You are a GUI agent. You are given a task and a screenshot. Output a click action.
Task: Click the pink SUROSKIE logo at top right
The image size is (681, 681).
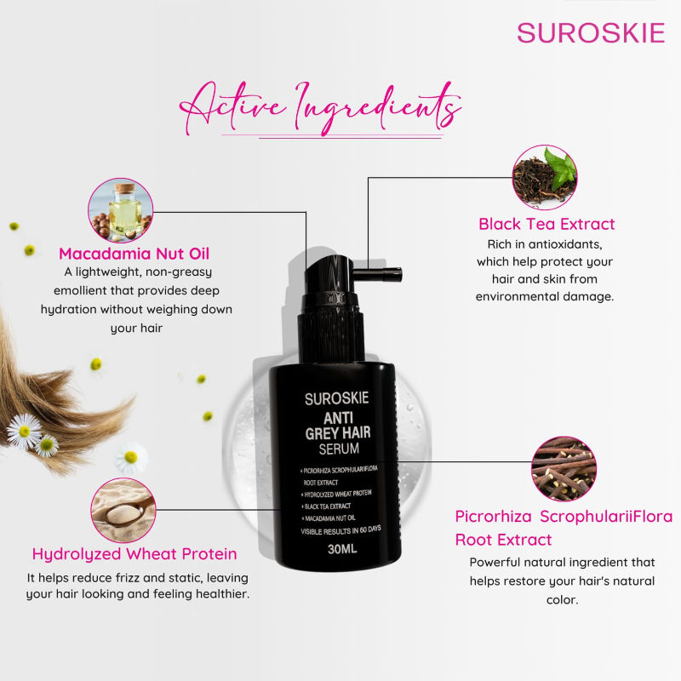(590, 32)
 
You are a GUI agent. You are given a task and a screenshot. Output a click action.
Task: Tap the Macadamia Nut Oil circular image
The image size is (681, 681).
(121, 209)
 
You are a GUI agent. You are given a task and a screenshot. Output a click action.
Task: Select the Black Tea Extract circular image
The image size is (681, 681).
(544, 177)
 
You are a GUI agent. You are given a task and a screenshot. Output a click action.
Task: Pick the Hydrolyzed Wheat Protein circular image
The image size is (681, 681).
(123, 510)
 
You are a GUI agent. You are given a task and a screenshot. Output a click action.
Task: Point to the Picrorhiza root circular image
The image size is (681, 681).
(564, 468)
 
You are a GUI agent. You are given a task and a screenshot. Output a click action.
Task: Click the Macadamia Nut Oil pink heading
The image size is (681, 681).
(134, 253)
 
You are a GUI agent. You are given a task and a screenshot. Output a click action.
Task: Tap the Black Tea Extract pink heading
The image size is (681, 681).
(547, 225)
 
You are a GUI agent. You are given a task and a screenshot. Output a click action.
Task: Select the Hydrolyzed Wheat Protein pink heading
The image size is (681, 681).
(134, 554)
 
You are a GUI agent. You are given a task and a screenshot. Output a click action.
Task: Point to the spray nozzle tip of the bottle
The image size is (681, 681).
(392, 273)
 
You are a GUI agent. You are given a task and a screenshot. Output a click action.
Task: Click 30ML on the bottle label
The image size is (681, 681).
(343, 549)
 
